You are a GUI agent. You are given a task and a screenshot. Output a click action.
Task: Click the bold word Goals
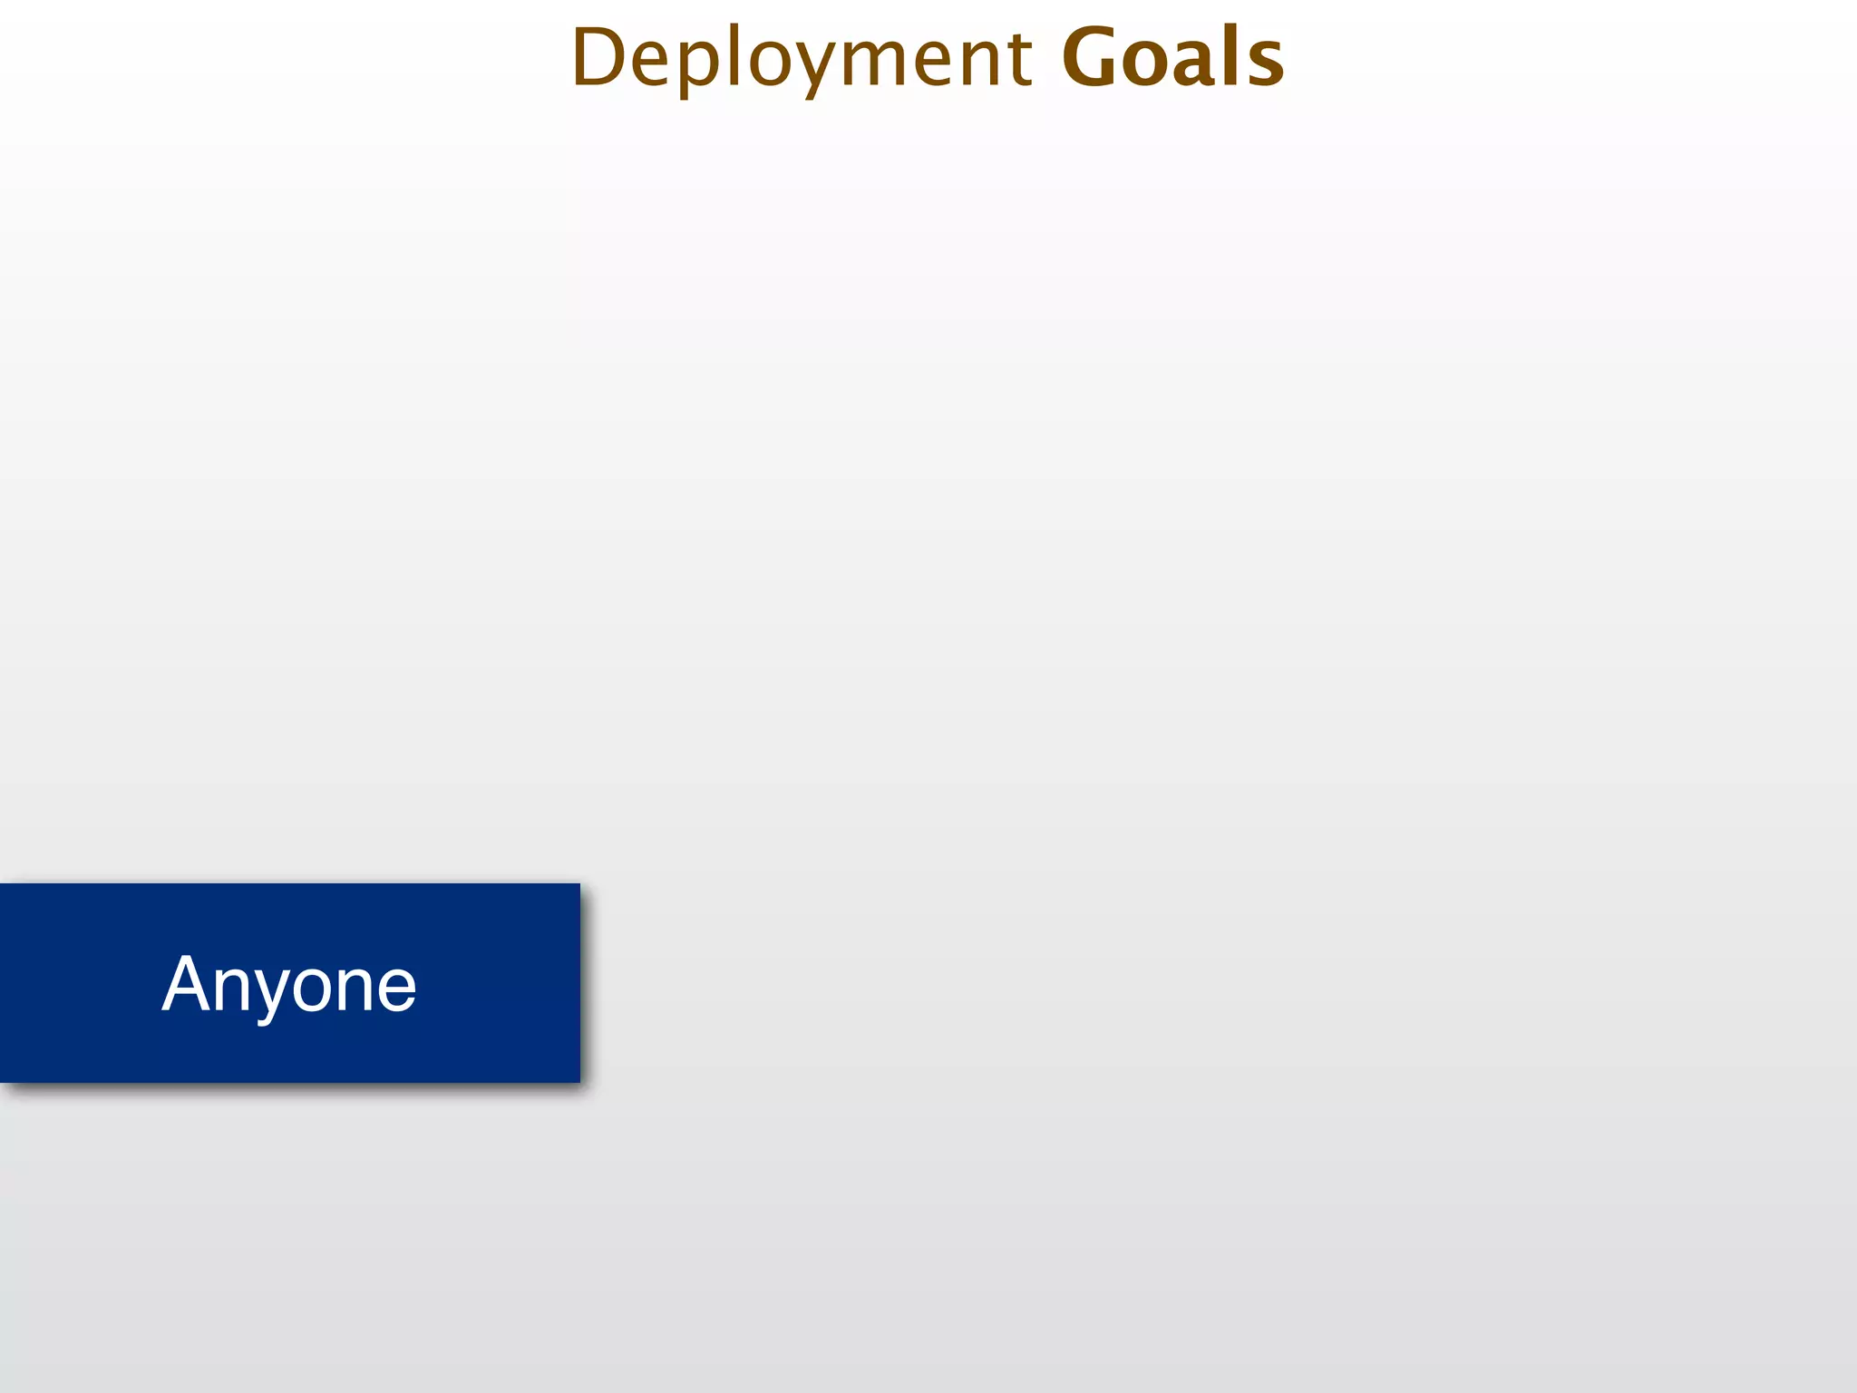[1172, 58]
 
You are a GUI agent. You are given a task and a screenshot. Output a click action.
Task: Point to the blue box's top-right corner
[579, 884]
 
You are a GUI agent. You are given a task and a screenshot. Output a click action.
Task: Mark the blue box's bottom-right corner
[579, 1081]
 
